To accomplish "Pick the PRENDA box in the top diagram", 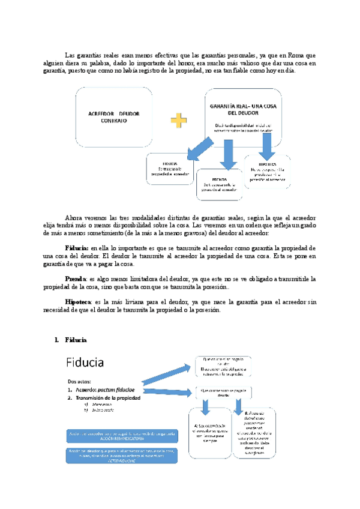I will tap(219, 183).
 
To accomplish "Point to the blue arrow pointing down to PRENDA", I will tap(227, 154).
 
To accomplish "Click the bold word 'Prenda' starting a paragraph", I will tap(76, 279).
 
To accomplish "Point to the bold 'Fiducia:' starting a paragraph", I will tap(77, 247).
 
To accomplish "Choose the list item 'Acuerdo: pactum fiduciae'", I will tap(107, 389).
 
